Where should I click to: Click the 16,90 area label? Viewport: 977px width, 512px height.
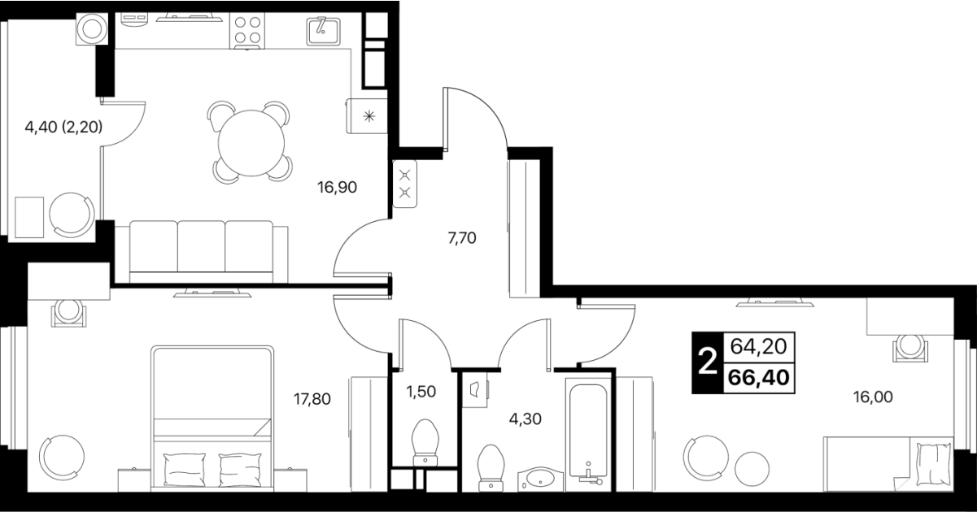(x=337, y=188)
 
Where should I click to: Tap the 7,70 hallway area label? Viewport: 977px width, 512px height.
(x=462, y=238)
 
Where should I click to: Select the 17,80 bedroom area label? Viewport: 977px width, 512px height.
(x=312, y=399)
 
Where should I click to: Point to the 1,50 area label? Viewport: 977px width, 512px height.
(x=421, y=392)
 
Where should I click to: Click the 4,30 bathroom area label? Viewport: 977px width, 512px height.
(x=526, y=419)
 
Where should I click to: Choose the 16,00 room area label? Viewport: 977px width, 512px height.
(x=873, y=397)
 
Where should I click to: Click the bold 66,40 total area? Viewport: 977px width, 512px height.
(x=759, y=377)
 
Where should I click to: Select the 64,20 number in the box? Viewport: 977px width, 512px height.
(x=758, y=347)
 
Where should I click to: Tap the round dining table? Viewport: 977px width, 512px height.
(x=251, y=143)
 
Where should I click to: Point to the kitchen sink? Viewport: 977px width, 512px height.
(x=323, y=31)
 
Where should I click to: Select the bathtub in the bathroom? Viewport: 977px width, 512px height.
(x=588, y=432)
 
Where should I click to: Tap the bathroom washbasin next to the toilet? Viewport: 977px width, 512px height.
(x=541, y=479)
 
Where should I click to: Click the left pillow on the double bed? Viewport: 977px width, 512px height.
(x=184, y=470)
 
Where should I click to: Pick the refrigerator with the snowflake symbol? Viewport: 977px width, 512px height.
(x=367, y=116)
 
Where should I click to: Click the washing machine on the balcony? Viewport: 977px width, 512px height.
(x=92, y=28)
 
